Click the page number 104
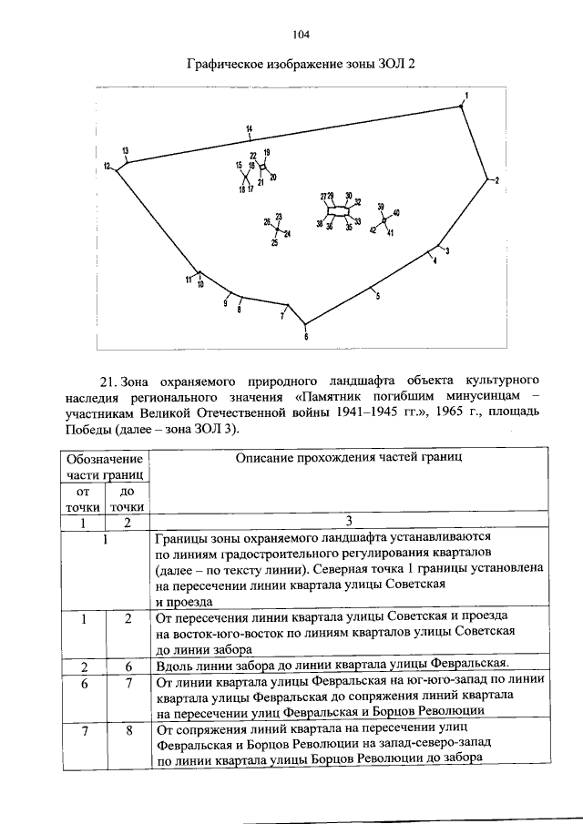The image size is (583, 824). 302,35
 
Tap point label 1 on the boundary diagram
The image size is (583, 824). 466,96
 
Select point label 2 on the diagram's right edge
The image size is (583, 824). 496,181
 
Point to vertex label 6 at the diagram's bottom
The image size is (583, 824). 306,337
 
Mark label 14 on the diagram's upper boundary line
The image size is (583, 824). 249,130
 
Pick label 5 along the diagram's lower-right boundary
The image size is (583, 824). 377,297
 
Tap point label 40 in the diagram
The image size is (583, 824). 396,212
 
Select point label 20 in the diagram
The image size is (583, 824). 273,176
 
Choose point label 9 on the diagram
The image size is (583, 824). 225,303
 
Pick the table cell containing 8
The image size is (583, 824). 129,729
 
